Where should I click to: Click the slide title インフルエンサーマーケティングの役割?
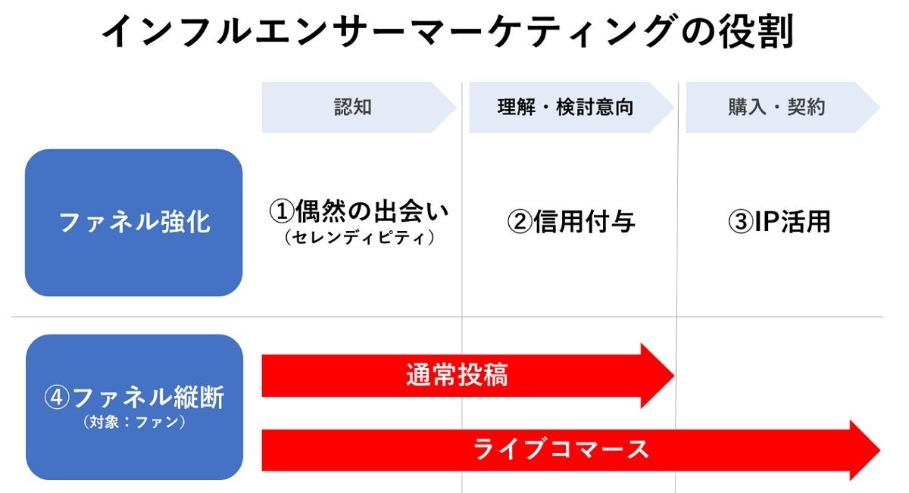(x=447, y=32)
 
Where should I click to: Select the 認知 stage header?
(x=353, y=108)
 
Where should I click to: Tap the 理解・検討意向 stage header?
(x=565, y=108)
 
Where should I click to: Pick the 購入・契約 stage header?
(x=776, y=108)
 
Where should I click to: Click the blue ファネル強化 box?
(x=134, y=222)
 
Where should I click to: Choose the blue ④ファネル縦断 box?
(x=134, y=407)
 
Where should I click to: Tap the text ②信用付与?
(x=570, y=222)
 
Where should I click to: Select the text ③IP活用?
(x=779, y=222)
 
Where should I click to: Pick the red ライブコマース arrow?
(x=561, y=449)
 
